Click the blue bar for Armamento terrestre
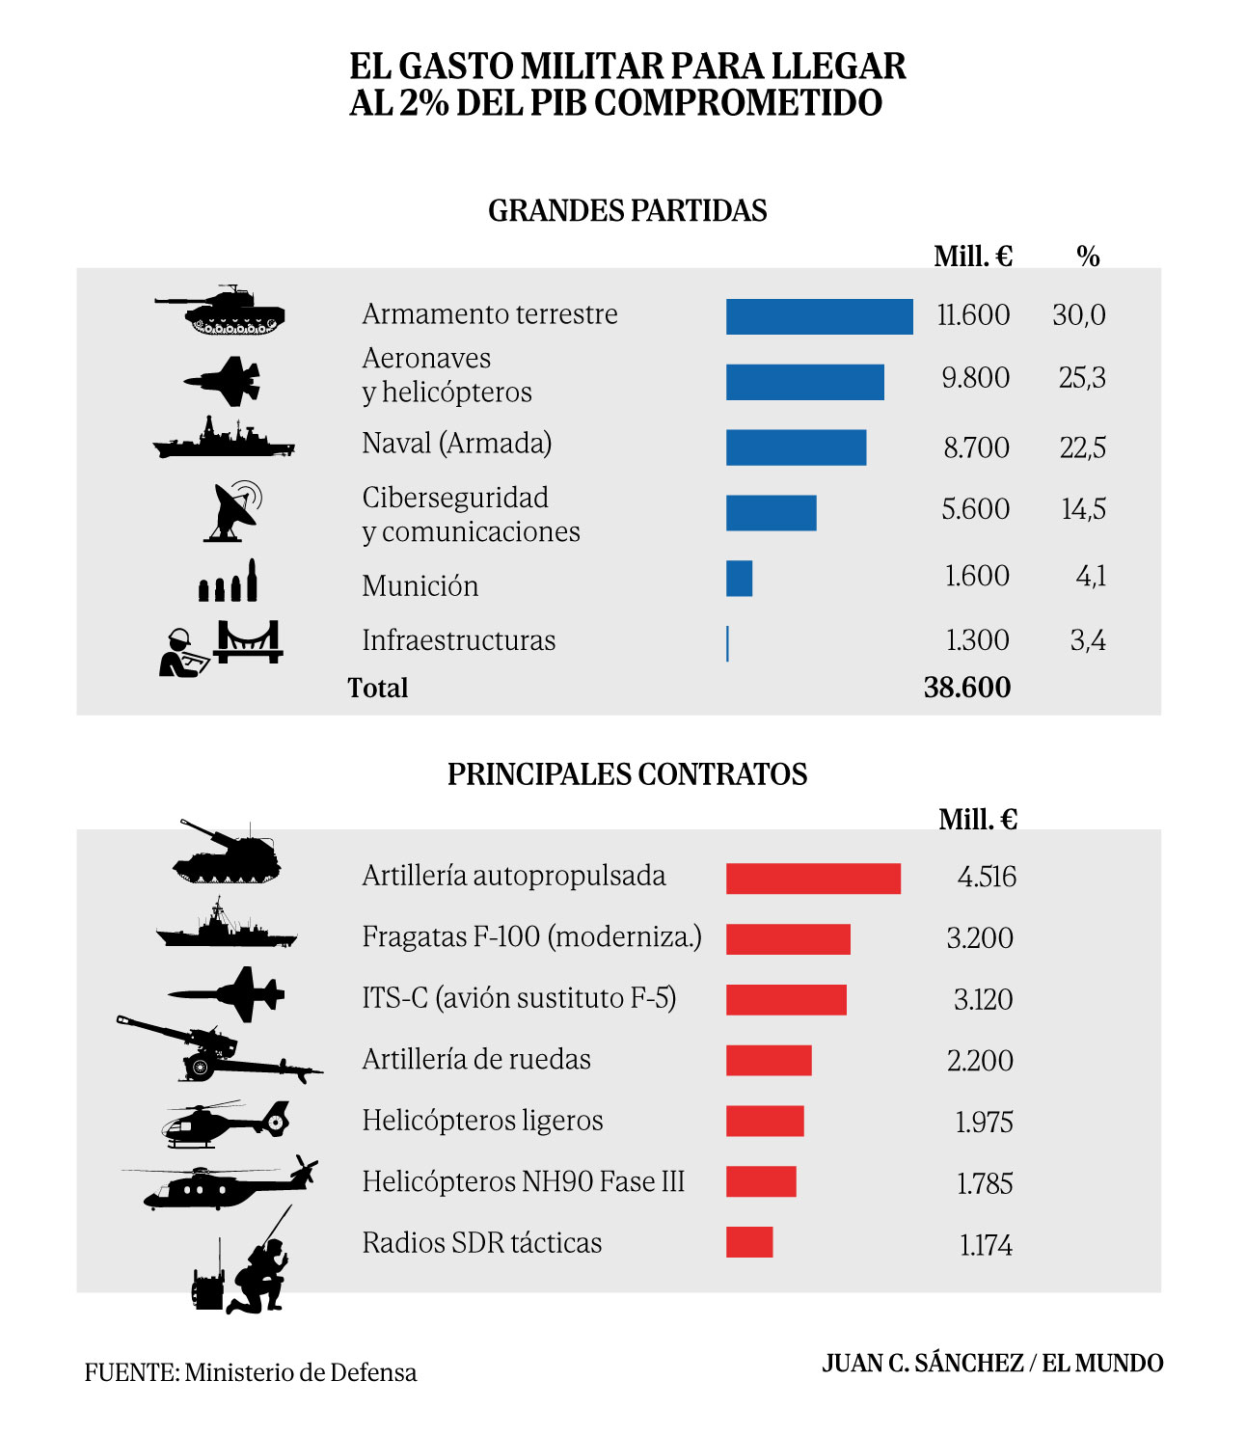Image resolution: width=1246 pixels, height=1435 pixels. [x=819, y=317]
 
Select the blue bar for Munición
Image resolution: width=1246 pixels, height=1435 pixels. [x=739, y=579]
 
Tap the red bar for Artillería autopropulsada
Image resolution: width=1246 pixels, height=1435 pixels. [x=813, y=879]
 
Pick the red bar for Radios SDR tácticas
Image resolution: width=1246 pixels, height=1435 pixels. [x=749, y=1242]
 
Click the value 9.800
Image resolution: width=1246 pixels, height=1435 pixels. [x=975, y=378]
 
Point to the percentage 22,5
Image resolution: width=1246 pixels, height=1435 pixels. [x=1082, y=447]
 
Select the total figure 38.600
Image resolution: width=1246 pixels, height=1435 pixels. [x=966, y=688]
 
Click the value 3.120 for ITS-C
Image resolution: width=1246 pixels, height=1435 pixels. [x=983, y=999]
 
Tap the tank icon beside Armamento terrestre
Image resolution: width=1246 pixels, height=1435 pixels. [x=221, y=311]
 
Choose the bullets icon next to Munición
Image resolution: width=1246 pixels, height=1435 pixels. [x=228, y=582]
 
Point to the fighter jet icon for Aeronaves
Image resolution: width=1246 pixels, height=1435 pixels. [x=224, y=381]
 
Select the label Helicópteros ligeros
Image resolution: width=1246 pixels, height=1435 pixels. [x=482, y=1121]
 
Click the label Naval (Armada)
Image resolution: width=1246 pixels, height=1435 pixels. [x=456, y=444]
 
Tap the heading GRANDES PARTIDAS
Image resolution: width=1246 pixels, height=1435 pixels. [x=627, y=211]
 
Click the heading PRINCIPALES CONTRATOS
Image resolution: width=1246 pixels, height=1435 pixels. [x=627, y=774]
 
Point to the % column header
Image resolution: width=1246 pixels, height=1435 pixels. [x=1088, y=257]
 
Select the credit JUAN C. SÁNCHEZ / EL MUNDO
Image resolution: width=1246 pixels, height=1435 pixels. [x=992, y=1364]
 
